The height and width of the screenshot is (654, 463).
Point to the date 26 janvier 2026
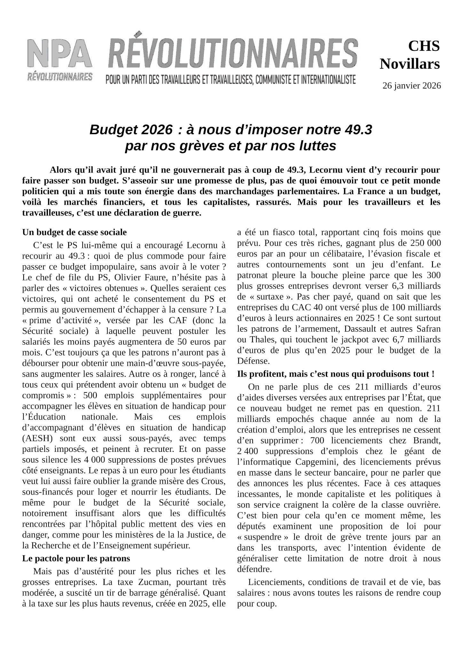pyautogui.click(x=412, y=86)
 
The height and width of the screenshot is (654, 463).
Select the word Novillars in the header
pyautogui.click(x=410, y=64)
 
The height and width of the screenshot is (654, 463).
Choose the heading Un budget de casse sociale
pyautogui.click(x=75, y=232)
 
